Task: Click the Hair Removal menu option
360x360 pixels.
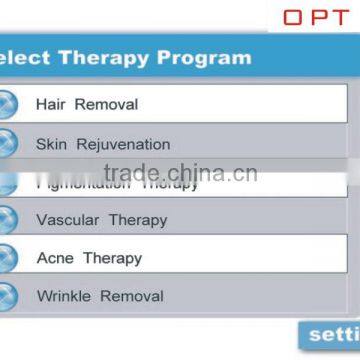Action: pyautogui.click(x=87, y=104)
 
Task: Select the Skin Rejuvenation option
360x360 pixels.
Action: pyautogui.click(x=103, y=144)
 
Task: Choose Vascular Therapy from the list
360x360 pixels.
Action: pyautogui.click(x=101, y=220)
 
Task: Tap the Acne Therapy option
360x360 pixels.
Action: pyautogui.click(x=89, y=258)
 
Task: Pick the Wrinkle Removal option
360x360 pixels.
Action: pyautogui.click(x=99, y=296)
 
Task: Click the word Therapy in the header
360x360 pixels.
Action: pyautogui.click(x=110, y=57)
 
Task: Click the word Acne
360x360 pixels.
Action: pyautogui.click(x=55, y=258)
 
